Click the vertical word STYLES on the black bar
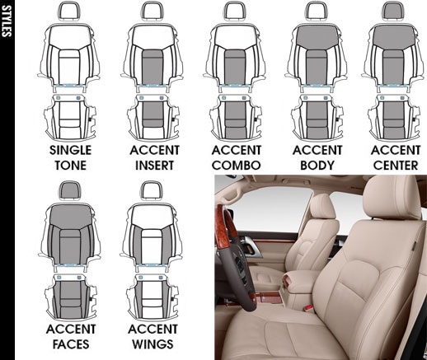[x=7, y=21]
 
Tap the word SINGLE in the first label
[x=71, y=150]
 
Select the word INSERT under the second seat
[x=154, y=166]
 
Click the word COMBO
[x=237, y=166]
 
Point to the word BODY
[x=317, y=166]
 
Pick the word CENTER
[x=396, y=166]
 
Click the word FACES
[x=71, y=344]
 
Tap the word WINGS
[x=152, y=344]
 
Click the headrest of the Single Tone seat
[x=70, y=12]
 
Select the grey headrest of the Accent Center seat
[x=394, y=11]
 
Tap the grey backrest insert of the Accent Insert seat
[x=152, y=67]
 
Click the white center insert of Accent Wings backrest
[x=152, y=246]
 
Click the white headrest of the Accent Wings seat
[x=152, y=190]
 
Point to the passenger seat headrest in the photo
[x=323, y=207]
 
